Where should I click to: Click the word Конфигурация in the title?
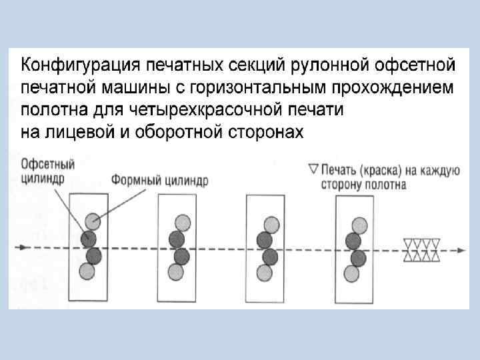tap(78, 65)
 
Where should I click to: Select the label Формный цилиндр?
tap(159, 180)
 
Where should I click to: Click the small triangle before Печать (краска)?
tap(313, 170)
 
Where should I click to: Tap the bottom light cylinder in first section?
tap(87, 271)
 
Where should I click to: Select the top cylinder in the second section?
tap(181, 222)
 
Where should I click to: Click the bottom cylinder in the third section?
tap(265, 272)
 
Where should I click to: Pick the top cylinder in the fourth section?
tap(359, 224)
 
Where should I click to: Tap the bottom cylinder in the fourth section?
tap(351, 273)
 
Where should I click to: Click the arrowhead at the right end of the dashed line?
tap(461, 250)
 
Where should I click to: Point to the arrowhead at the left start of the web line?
tap(23, 247)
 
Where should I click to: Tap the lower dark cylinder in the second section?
tap(181, 256)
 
